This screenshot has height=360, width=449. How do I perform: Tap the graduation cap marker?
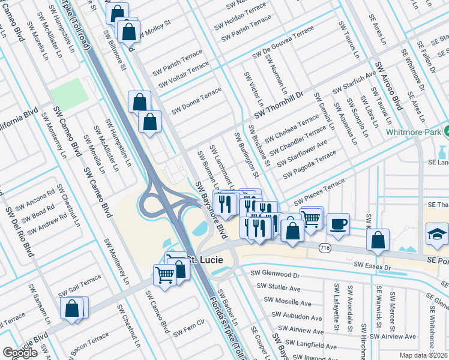[x=436, y=234]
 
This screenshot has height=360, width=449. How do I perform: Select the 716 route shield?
[x=325, y=247]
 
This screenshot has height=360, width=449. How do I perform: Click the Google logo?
[x=20, y=353]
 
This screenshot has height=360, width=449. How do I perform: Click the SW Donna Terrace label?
[x=196, y=101]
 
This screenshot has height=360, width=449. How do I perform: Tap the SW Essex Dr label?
[x=372, y=265]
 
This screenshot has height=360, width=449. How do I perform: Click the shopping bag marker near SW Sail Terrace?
[x=71, y=308]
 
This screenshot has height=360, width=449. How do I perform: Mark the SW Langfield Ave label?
[x=310, y=346]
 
